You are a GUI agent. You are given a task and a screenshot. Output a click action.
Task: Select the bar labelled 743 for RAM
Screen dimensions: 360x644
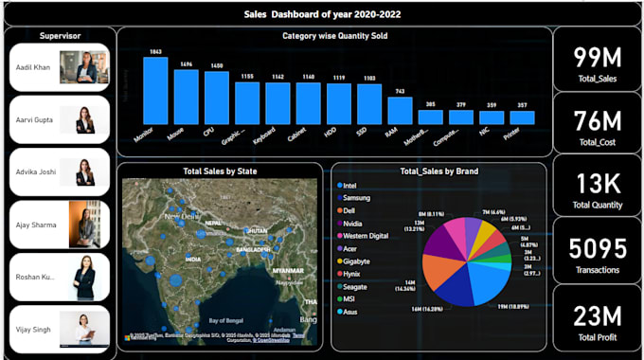(400, 111)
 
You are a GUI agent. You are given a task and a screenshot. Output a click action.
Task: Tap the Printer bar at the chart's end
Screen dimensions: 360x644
(522, 118)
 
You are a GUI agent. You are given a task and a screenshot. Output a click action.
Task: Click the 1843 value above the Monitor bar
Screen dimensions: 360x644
(155, 51)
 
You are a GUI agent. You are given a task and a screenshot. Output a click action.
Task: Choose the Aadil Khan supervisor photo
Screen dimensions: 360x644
(84, 67)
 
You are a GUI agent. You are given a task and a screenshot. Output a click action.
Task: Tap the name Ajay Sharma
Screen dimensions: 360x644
(37, 225)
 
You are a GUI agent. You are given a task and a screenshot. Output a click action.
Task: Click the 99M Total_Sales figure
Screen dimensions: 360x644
(597, 56)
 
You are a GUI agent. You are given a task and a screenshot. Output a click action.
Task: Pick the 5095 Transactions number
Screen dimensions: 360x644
(597, 249)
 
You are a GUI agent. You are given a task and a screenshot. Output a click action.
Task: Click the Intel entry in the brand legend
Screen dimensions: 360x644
(350, 185)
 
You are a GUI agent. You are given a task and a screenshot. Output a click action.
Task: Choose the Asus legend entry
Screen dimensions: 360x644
(350, 311)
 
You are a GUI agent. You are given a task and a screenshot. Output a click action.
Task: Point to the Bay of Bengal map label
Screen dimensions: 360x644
(228, 320)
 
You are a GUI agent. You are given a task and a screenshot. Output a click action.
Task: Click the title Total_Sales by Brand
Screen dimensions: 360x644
(438, 171)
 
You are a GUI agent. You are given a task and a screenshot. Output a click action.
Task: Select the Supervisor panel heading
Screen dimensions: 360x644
(60, 35)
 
